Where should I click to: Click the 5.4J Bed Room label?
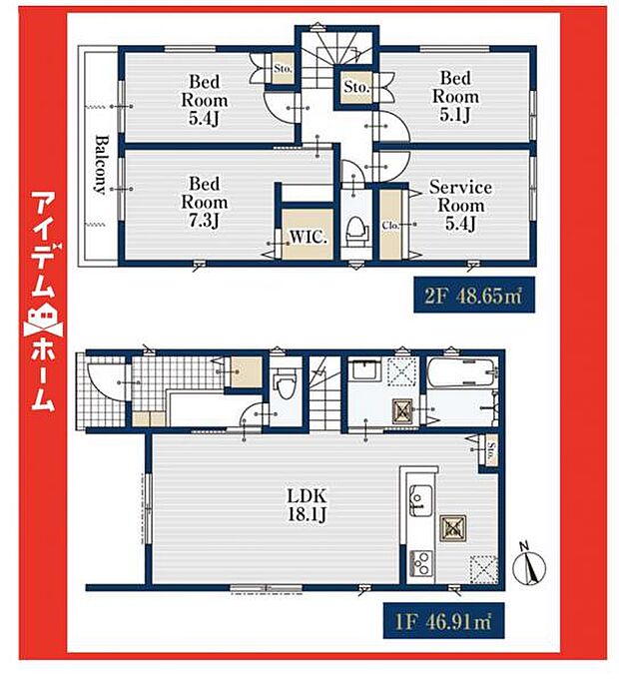tap(204, 100)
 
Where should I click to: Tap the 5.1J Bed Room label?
tap(454, 97)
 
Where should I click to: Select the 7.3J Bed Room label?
tap(204, 201)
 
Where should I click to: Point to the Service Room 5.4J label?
tap(460, 205)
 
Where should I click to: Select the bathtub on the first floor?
tap(460, 378)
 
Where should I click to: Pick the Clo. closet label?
tap(390, 226)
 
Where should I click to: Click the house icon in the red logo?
tap(41, 322)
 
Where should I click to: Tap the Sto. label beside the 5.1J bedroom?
tap(356, 89)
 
